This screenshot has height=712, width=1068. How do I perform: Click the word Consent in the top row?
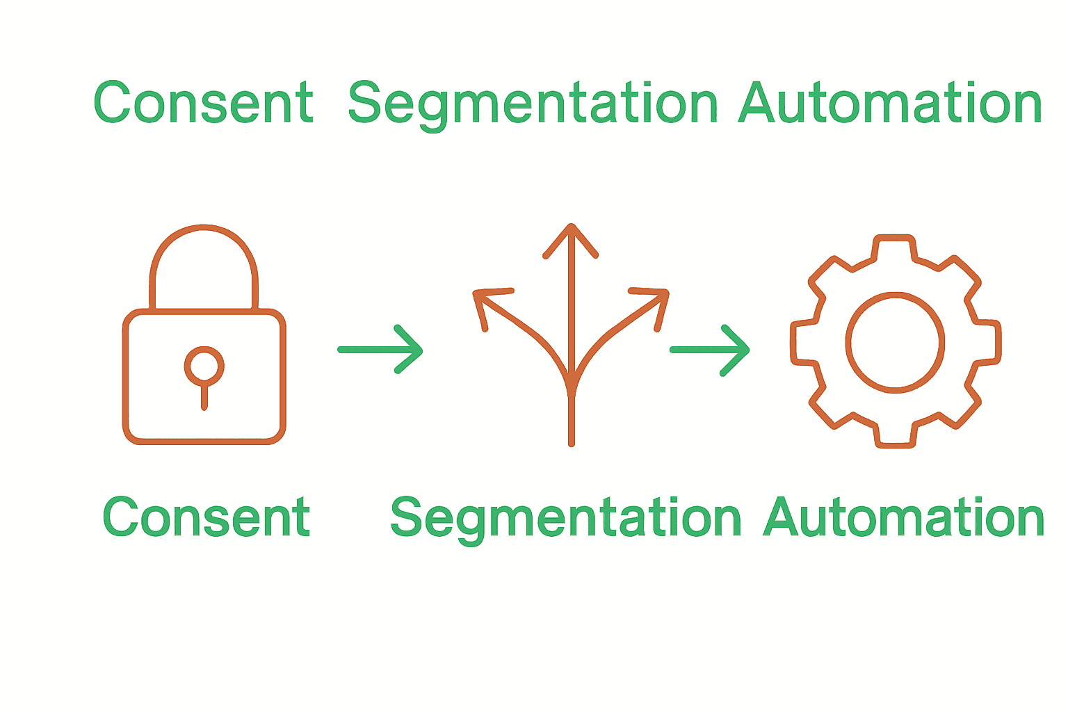[x=203, y=103]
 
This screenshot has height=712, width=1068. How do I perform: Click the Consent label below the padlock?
[x=207, y=517]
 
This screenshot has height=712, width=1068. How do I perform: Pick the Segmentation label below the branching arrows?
[x=566, y=518]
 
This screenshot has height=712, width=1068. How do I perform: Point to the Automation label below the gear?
[x=904, y=518]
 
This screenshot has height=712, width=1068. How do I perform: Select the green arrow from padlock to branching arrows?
[x=381, y=350]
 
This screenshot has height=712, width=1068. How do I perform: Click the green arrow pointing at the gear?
[x=710, y=350]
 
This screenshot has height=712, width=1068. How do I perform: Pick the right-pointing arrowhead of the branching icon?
[x=657, y=299]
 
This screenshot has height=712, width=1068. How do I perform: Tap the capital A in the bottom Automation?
[x=784, y=518]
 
